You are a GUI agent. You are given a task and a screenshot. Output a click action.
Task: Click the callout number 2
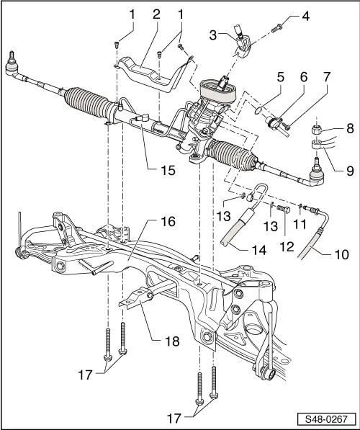point(156,14)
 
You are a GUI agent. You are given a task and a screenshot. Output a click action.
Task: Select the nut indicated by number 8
point(315,131)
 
